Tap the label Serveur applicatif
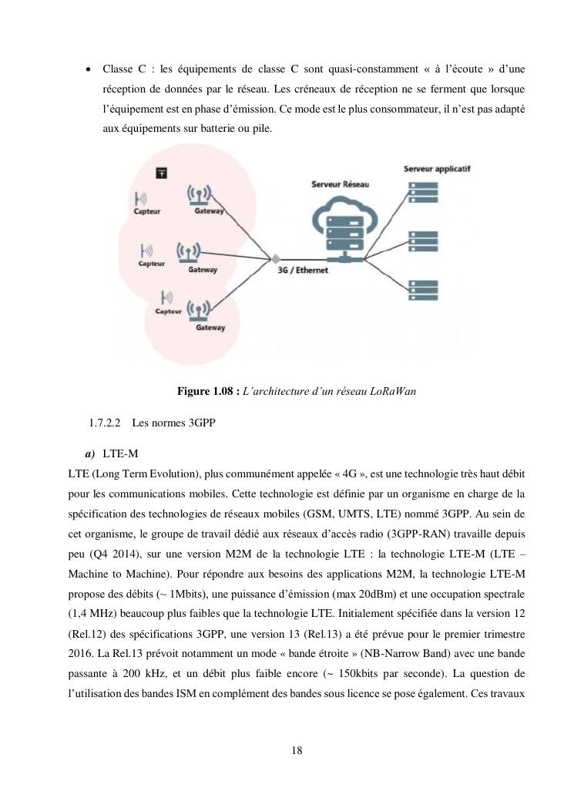(437, 167)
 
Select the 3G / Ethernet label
(303, 271)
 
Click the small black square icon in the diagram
(162, 174)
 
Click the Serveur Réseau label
(340, 185)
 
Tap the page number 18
(297, 750)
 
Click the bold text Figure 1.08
(207, 392)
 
